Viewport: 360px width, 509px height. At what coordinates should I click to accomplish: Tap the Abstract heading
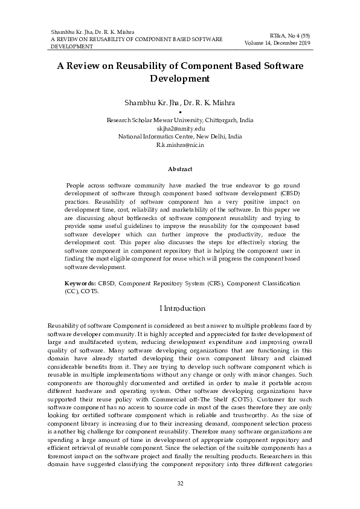coord(180,169)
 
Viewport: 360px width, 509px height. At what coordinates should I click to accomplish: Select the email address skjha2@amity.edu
coord(181,129)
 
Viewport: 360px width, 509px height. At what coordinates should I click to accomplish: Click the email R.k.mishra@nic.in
coord(180,146)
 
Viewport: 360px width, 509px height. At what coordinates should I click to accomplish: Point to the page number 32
coord(180,484)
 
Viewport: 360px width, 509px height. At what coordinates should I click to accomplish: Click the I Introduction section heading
coord(180,308)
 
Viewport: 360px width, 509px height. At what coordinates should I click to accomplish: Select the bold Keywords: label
coord(80,283)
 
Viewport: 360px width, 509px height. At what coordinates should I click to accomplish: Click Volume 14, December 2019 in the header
coord(277,44)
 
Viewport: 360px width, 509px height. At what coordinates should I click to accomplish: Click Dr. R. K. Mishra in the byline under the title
coord(204,102)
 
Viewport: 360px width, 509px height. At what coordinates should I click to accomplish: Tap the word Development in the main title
coord(180,79)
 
